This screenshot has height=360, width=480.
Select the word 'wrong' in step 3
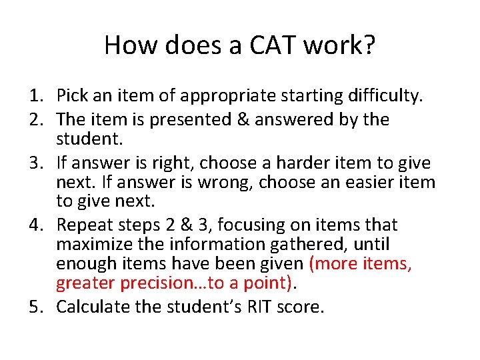[x=227, y=182]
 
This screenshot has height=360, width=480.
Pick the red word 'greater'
[x=85, y=283]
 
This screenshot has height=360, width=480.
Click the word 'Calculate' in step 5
[x=88, y=307]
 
